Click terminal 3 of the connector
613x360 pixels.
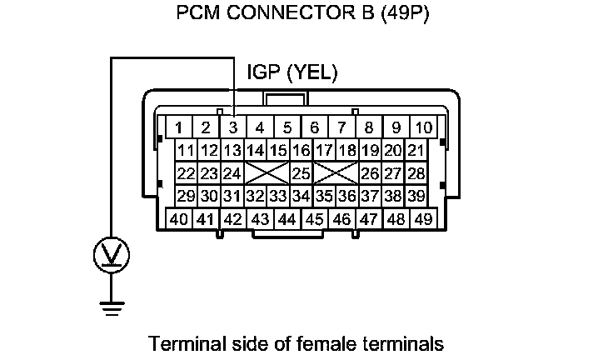click(233, 128)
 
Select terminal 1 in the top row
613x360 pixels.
click(178, 128)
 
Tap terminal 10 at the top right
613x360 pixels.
click(423, 128)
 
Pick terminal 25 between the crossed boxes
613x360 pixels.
click(301, 173)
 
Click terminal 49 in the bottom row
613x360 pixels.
click(423, 219)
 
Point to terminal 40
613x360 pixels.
click(178, 219)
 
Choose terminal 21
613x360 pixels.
click(416, 151)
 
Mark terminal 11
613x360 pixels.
click(186, 151)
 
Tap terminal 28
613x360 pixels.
click(416, 173)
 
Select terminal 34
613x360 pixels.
click(301, 196)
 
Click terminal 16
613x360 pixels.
click(301, 151)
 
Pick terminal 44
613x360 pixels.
click(287, 219)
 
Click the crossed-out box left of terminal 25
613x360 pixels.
click(266, 173)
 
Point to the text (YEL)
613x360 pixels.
click(311, 73)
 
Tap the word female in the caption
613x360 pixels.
click(339, 342)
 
